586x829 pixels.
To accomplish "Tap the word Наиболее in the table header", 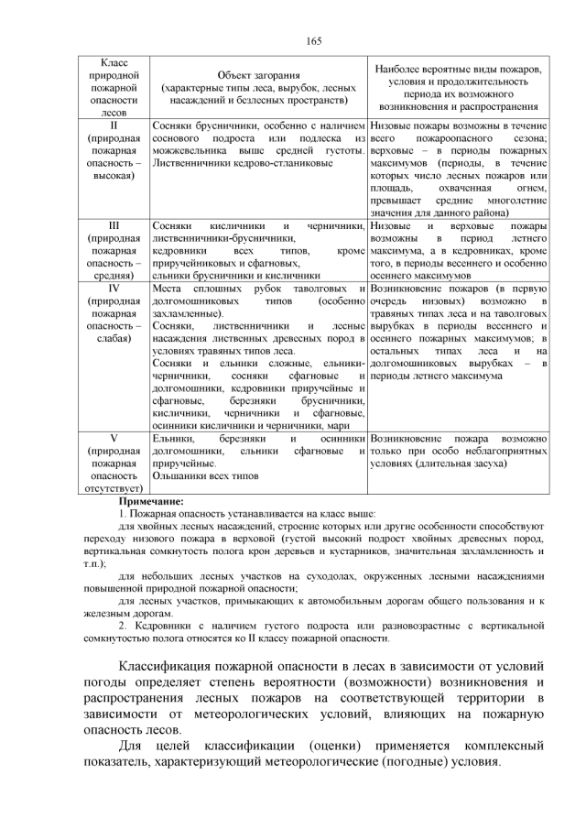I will pos(397,68).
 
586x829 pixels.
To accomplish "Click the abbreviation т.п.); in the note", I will pos(93,564).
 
